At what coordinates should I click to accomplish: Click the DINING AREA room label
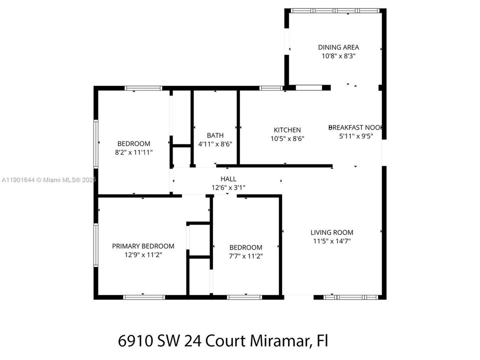338,47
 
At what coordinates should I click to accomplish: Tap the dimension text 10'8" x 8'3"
338,56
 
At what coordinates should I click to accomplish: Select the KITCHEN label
287,130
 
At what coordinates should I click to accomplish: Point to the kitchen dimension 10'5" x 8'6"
287,138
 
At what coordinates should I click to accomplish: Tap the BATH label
215,135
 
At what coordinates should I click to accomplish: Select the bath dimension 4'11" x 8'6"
215,143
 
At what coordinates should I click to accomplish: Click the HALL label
228,178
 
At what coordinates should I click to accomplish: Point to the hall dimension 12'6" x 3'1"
228,187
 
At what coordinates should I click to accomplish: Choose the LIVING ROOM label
331,232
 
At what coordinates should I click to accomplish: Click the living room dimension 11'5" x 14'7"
331,241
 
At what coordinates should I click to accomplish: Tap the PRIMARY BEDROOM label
143,246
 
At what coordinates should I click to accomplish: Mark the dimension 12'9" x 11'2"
143,254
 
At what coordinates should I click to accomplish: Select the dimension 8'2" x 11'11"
133,152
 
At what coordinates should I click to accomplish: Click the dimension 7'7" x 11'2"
245,256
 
